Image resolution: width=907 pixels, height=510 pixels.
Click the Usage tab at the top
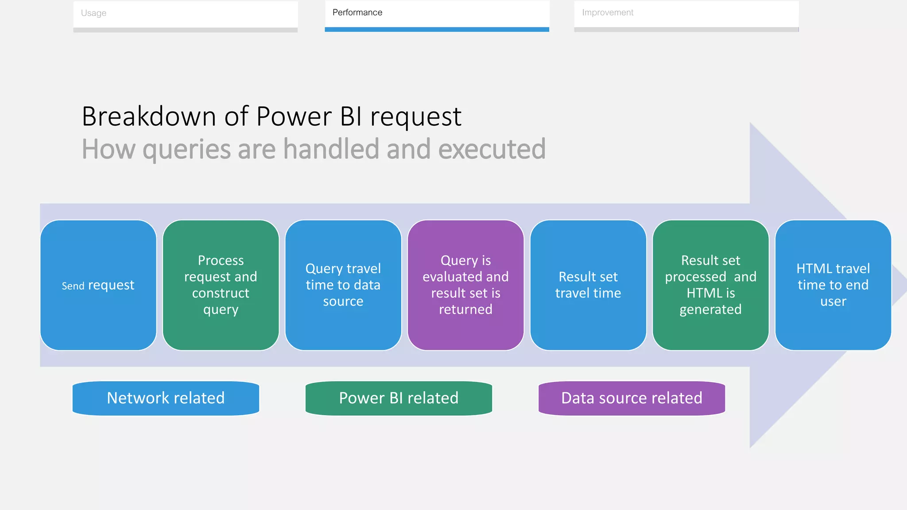[185, 13]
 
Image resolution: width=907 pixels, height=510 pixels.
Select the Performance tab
[437, 13]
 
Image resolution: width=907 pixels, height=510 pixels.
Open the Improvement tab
[686, 13]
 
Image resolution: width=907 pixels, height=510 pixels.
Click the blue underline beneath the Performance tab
[437, 29]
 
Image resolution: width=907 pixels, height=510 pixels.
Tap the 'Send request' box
[98, 285]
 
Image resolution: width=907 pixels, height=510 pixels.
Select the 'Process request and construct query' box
[221, 285]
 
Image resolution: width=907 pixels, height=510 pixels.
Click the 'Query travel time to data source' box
[343, 285]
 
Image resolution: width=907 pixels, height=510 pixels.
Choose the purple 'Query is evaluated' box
[465, 285]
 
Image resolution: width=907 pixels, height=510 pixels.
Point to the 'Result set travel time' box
[588, 285]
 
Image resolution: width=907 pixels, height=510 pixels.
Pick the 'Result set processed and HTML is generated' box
[710, 285]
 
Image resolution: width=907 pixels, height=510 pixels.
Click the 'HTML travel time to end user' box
[833, 285]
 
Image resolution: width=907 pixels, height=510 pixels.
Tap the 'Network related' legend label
[166, 398]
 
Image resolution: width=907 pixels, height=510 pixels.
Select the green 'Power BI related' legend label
[399, 398]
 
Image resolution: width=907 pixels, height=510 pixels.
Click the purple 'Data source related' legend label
[632, 398]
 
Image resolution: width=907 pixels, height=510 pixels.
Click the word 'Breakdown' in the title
[149, 116]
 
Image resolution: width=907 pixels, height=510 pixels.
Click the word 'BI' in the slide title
[351, 116]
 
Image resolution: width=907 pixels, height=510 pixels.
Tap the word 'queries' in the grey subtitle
[186, 150]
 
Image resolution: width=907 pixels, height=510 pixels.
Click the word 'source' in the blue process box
[343, 301]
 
